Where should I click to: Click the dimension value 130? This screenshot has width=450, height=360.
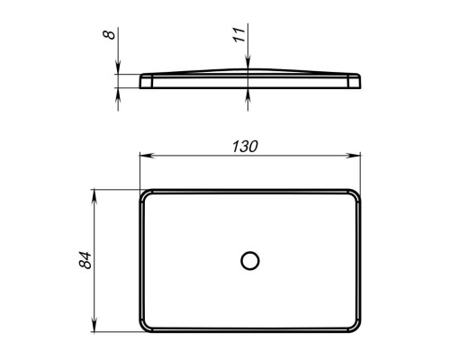[245, 147]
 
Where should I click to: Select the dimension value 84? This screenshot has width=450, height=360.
[85, 260]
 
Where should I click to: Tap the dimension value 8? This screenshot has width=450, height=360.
[109, 34]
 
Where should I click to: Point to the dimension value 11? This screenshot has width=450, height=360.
[239, 34]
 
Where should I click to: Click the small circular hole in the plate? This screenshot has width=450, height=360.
[250, 260]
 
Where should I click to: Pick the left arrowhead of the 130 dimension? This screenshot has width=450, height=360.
[147, 156]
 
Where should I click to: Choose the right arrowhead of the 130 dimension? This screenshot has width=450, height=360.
[354, 156]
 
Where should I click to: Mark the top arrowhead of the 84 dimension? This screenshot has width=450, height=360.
[94, 196]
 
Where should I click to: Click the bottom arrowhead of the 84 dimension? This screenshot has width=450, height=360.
[94, 325]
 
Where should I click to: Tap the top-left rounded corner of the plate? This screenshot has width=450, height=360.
[143, 193]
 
